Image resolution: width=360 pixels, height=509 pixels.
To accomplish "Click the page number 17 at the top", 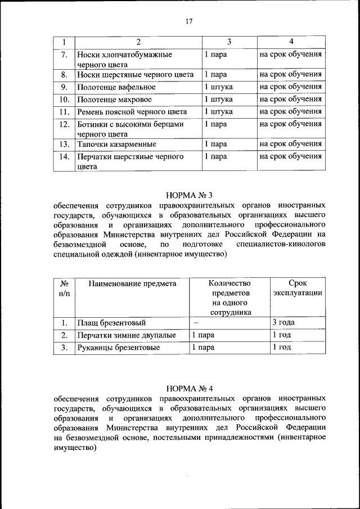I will point(188,21).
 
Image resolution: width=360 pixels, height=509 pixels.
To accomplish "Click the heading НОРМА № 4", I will point(188,388).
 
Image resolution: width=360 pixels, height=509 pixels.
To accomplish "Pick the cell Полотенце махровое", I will point(115,99).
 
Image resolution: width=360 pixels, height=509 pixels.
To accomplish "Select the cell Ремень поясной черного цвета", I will point(132,111).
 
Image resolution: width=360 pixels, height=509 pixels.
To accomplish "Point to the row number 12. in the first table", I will point(64,124).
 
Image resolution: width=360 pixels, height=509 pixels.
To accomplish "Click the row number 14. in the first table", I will point(64,157).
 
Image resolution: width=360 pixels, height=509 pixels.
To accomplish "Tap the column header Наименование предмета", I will point(132,283).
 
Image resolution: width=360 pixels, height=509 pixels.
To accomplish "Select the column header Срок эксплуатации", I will point(297,289).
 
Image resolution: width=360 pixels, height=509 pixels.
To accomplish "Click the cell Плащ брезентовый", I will point(112,323).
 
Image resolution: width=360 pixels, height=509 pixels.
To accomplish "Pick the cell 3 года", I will point(283,323).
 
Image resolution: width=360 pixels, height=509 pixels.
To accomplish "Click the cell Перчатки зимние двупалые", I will point(127,335).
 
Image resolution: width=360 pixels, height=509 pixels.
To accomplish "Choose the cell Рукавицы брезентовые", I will point(119,348).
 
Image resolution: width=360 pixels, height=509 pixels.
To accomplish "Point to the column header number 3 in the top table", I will point(229,42).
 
